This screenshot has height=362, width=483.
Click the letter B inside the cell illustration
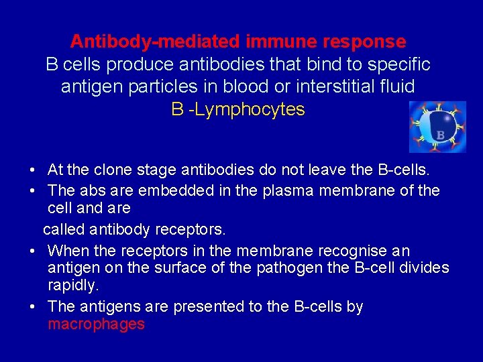point(440,135)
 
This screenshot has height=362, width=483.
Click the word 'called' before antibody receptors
point(64,229)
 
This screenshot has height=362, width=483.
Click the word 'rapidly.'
point(74,286)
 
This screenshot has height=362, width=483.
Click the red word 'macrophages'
point(96,324)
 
